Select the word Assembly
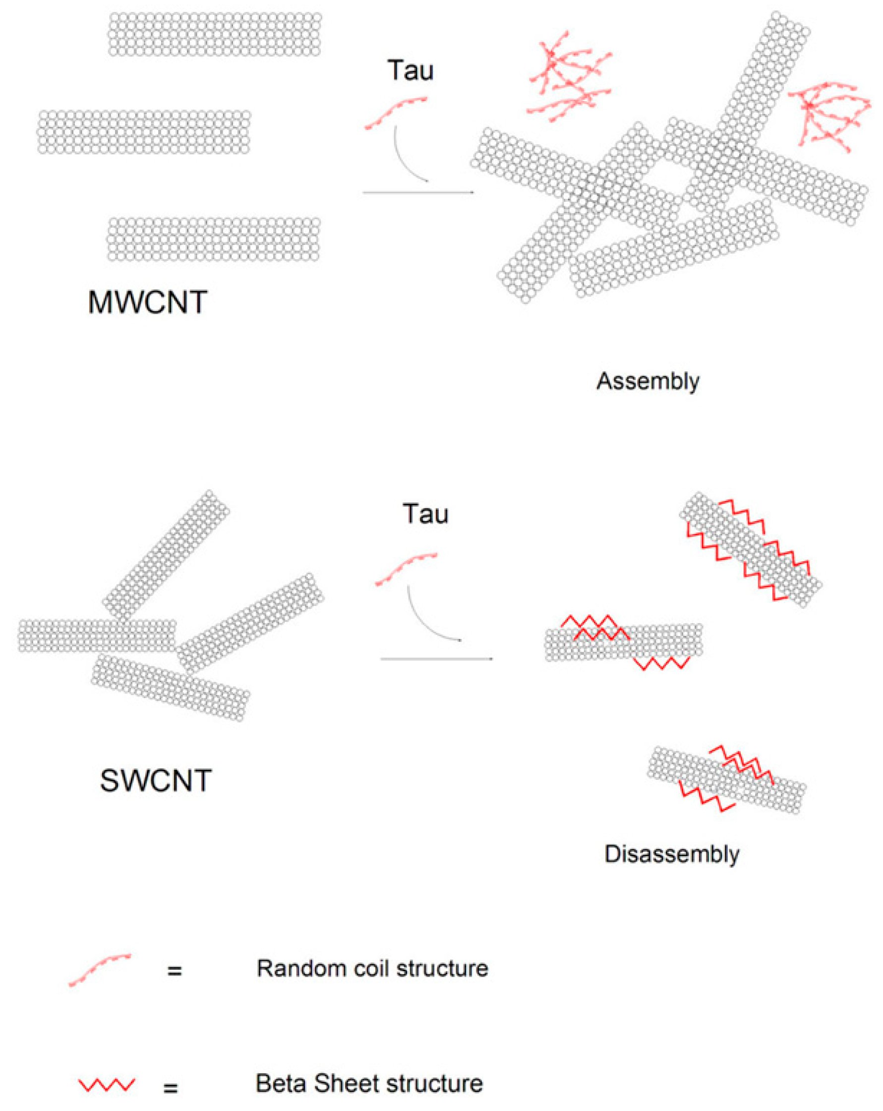tap(648, 381)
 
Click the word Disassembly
tap(671, 854)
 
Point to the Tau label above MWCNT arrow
tap(410, 70)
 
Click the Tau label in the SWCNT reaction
tap(425, 514)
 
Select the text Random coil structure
tap(372, 968)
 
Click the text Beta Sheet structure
tap(369, 1083)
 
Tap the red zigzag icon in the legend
tap(106, 1084)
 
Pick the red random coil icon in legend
tap(100, 970)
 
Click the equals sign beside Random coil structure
tap(174, 971)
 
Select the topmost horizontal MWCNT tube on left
tap(215, 34)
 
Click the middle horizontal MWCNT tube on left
tap(144, 131)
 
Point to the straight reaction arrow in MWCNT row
tap(417, 192)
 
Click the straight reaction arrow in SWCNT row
tap(436, 658)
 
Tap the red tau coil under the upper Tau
tap(395, 113)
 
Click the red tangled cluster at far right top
tap(829, 115)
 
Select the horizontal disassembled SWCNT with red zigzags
tap(624, 642)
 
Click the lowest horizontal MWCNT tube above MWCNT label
tap(213, 239)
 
